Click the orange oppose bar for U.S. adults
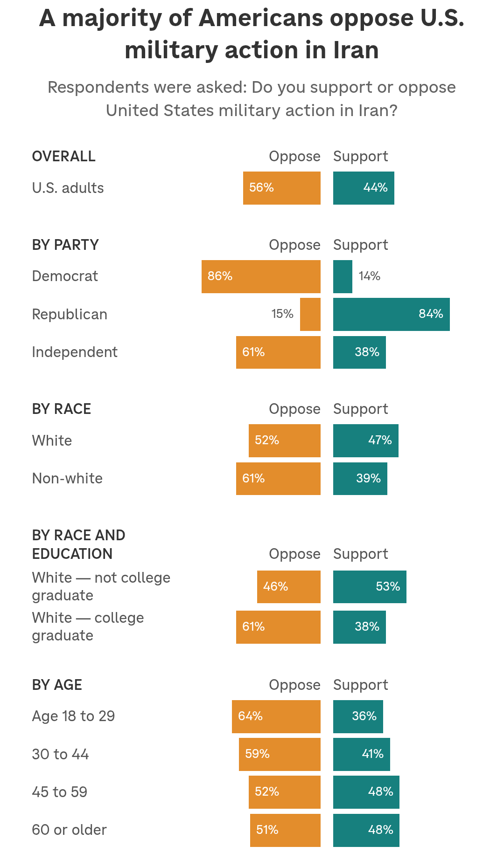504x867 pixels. tap(281, 188)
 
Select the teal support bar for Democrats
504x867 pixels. tap(343, 276)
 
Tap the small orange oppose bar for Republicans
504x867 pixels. tap(310, 314)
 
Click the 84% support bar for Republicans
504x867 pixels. tap(391, 314)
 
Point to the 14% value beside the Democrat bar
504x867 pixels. tap(369, 276)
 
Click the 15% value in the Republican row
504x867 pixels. tap(282, 314)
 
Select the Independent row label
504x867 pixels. tap(75, 352)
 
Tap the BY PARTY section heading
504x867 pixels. tap(65, 245)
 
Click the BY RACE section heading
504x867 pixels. tap(62, 409)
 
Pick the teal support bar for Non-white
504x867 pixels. tap(360, 479)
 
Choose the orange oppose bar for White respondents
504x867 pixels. tap(284, 440)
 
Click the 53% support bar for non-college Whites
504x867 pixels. tap(370, 587)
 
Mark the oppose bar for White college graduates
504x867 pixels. tap(278, 627)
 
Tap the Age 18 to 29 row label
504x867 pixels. tap(73, 716)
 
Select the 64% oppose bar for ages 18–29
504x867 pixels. tap(276, 716)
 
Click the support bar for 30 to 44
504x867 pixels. tap(361, 754)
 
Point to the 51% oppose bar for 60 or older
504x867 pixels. tap(285, 830)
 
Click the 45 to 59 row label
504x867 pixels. tap(60, 792)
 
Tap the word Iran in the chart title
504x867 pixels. tap(356, 50)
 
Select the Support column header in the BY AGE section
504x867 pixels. tap(360, 685)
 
